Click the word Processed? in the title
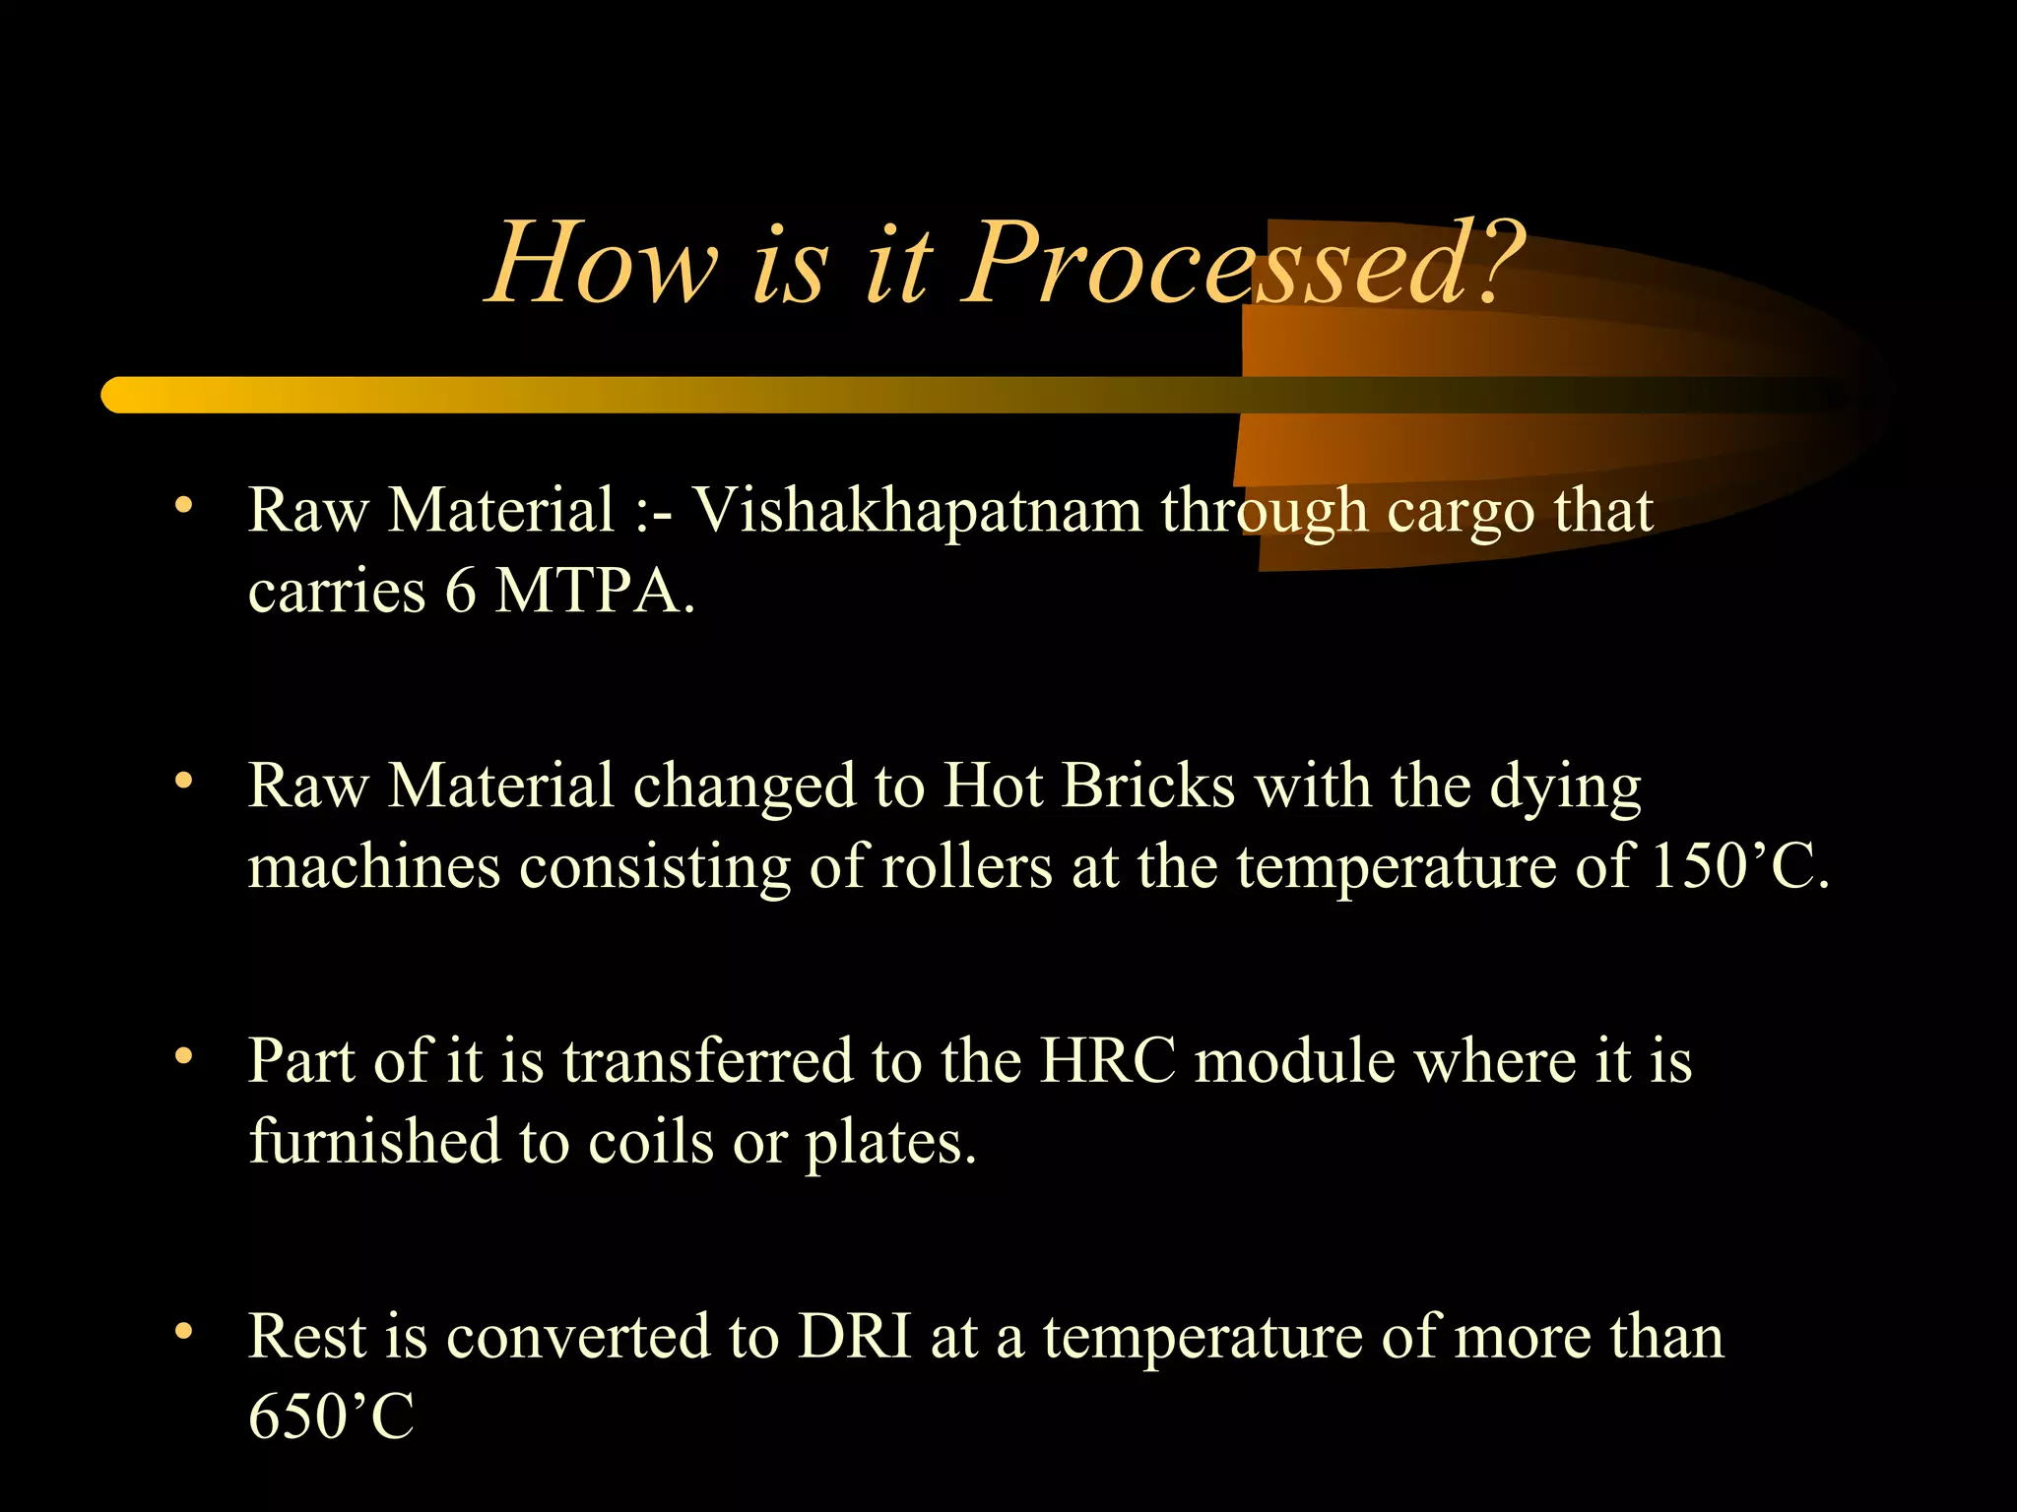tap(1243, 264)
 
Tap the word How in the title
tap(603, 264)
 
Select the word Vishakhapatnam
tap(916, 511)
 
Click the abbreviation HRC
tap(1108, 1061)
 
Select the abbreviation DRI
tap(854, 1337)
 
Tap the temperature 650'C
tap(331, 1417)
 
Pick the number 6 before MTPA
tap(460, 592)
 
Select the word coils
tap(650, 1142)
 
